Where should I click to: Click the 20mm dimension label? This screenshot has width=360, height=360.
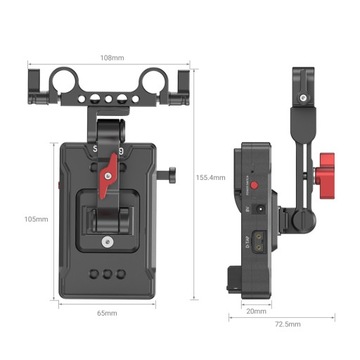(256, 310)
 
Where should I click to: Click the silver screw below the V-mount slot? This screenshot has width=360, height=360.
(108, 241)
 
